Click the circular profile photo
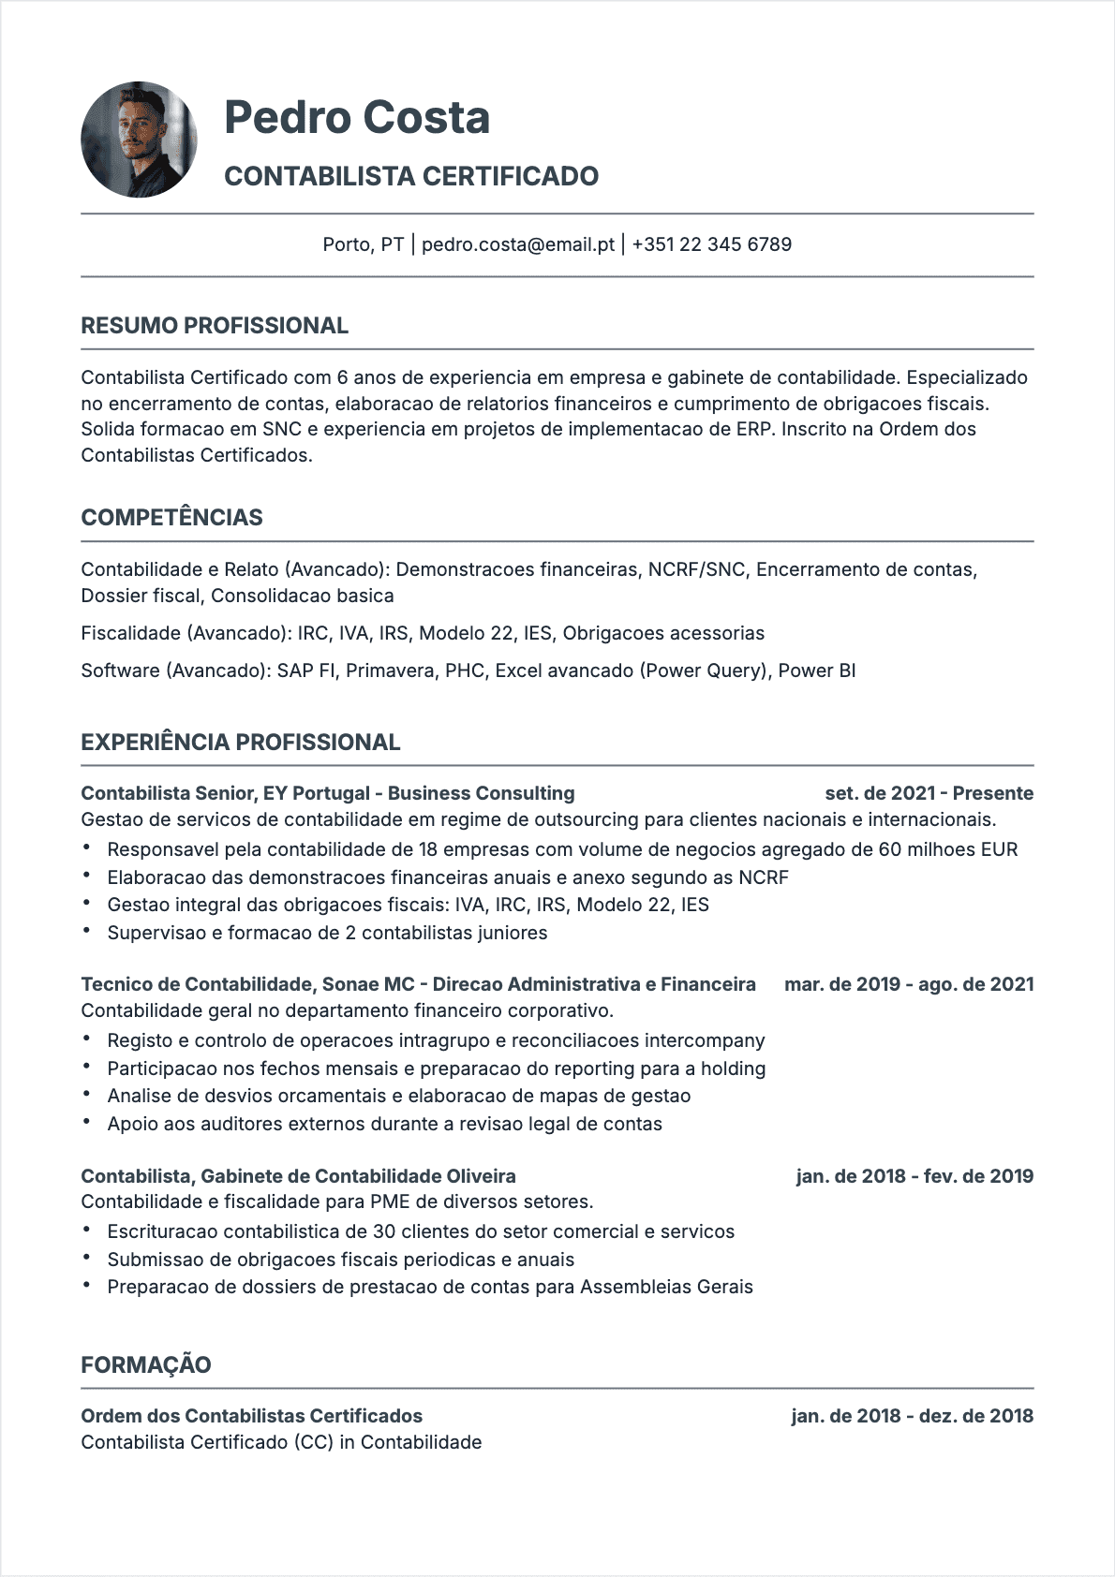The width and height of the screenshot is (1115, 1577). tap(139, 140)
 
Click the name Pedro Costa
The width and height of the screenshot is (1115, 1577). tap(357, 117)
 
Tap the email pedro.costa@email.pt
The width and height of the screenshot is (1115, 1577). tap(517, 244)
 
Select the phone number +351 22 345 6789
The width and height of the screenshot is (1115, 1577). tap(711, 244)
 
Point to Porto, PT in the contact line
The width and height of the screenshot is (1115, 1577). tap(363, 244)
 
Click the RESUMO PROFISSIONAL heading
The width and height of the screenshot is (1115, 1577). tap(215, 326)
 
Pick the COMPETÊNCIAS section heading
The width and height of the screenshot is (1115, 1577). tap(171, 518)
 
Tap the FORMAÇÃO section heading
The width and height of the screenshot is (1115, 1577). tap(146, 1364)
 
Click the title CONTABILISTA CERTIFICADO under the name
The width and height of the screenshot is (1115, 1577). tap(411, 176)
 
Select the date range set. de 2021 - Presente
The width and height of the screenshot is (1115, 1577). tap(929, 793)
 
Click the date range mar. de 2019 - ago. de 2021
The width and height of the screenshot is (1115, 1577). tap(909, 984)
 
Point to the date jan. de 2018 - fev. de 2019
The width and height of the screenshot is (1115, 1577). tap(914, 1176)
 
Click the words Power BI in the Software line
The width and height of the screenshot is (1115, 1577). tap(817, 671)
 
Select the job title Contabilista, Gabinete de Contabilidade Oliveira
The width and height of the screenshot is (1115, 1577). tap(298, 1176)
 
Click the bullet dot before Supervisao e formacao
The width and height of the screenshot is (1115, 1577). tap(87, 932)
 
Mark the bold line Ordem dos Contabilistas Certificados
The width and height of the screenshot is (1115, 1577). tap(251, 1416)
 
